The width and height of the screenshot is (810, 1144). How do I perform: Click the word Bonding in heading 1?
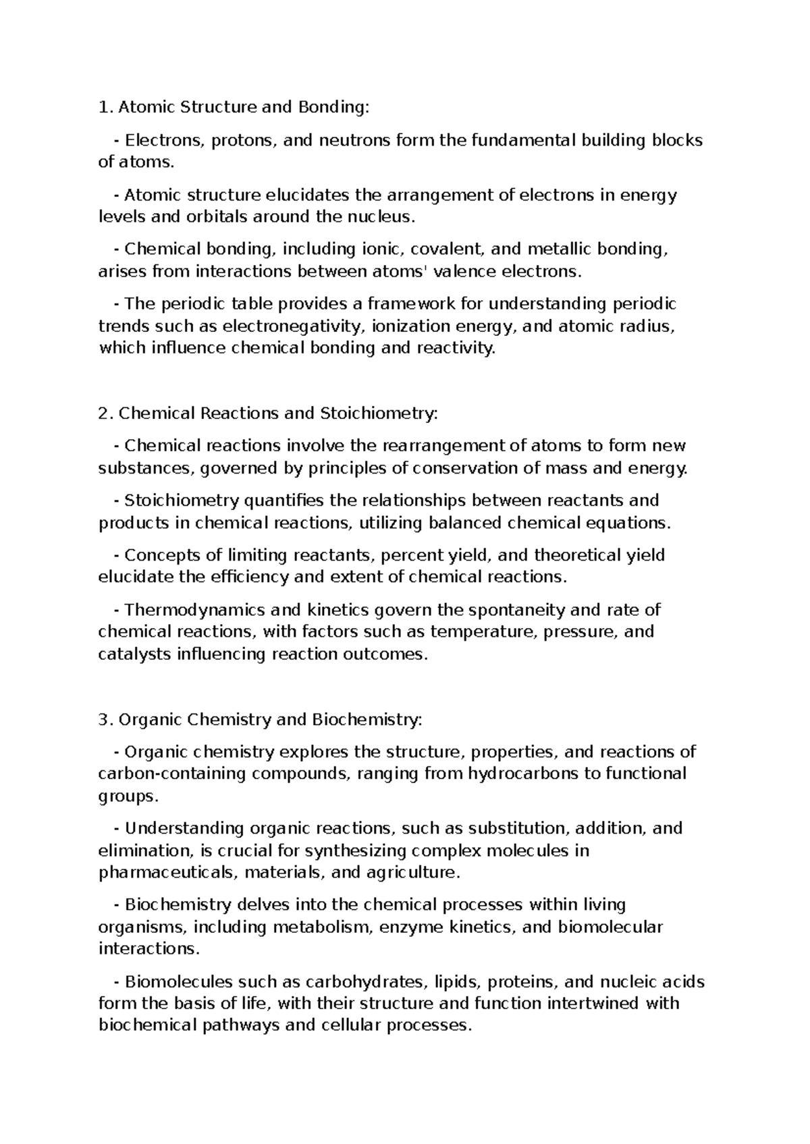click(335, 107)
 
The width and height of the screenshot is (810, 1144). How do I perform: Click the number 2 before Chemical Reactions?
click(103, 413)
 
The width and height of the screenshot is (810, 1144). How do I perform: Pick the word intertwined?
click(593, 1004)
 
